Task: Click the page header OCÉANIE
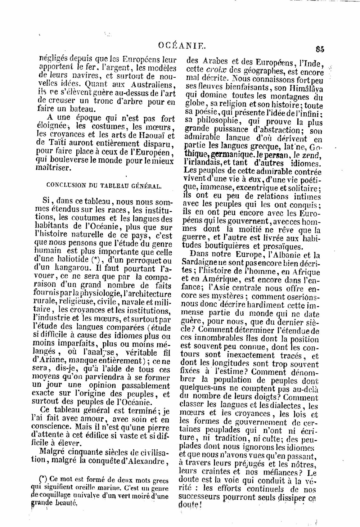point(182,46)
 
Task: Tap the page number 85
point(319,49)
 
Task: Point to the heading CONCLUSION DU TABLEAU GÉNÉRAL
point(104,186)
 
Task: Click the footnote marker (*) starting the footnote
point(44,479)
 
